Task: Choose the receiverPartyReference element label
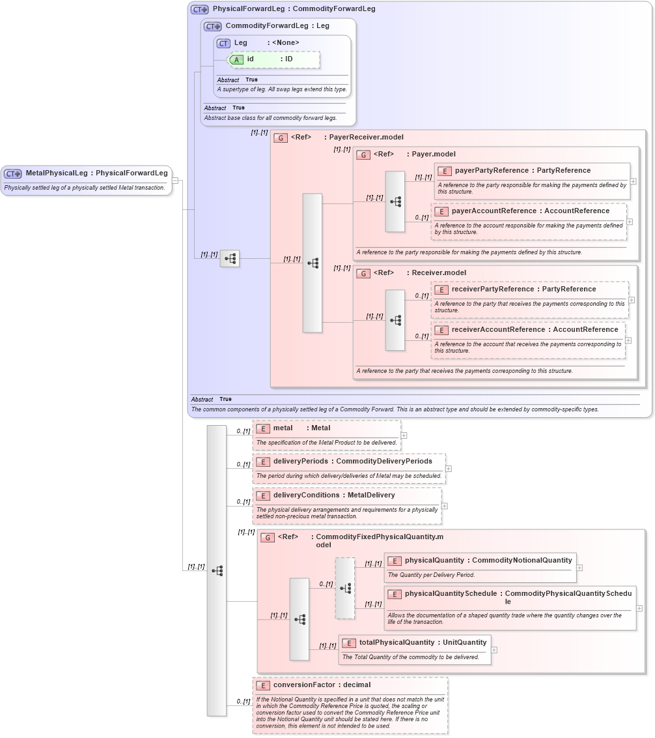pyautogui.click(x=491, y=289)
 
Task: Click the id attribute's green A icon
pyautogui.click(x=237, y=59)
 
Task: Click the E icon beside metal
pyautogui.click(x=263, y=428)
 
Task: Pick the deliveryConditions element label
pyautogui.click(x=306, y=495)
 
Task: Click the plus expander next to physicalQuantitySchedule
pyautogui.click(x=639, y=608)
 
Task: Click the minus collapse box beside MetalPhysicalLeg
pyautogui.click(x=175, y=181)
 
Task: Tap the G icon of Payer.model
pyautogui.click(x=363, y=155)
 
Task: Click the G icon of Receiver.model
pyautogui.click(x=363, y=274)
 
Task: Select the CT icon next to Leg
pyautogui.click(x=224, y=43)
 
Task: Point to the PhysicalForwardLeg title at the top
pyautogui.click(x=247, y=9)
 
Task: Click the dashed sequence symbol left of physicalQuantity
pyautogui.click(x=345, y=588)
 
